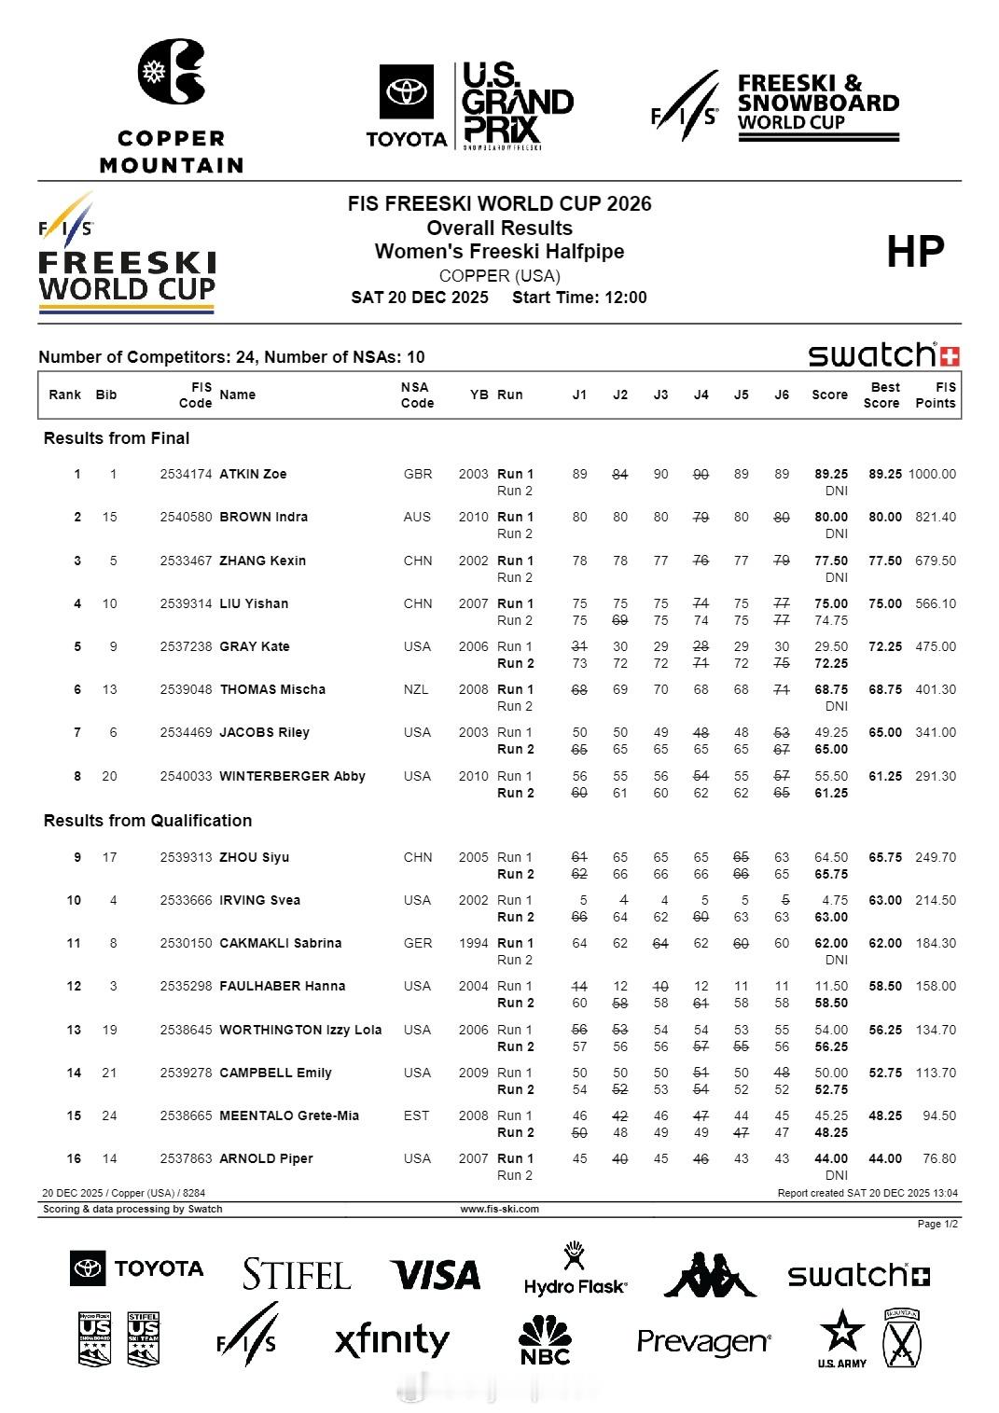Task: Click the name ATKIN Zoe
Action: [x=253, y=474]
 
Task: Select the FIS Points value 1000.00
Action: [x=932, y=474]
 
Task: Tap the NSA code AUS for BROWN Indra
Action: [x=417, y=517]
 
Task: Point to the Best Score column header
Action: [x=882, y=395]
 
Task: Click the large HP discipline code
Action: [x=915, y=251]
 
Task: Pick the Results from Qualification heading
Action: [x=147, y=821]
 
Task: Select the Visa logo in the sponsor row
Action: [x=435, y=1274]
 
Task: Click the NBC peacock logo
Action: [x=545, y=1340]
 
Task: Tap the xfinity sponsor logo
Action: [x=392, y=1340]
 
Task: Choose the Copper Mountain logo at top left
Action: [x=172, y=105]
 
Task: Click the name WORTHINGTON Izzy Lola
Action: [x=300, y=1030]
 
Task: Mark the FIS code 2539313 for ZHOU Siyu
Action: [x=186, y=857]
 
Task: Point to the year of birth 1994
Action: [x=473, y=943]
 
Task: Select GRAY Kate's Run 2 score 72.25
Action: [x=830, y=663]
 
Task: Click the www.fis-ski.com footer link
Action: [x=499, y=1209]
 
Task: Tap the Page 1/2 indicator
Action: [x=937, y=1224]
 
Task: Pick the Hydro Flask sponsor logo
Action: [x=575, y=1270]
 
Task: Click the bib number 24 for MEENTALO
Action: [x=109, y=1115]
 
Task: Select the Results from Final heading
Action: [x=117, y=438]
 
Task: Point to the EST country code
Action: [x=417, y=1115]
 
